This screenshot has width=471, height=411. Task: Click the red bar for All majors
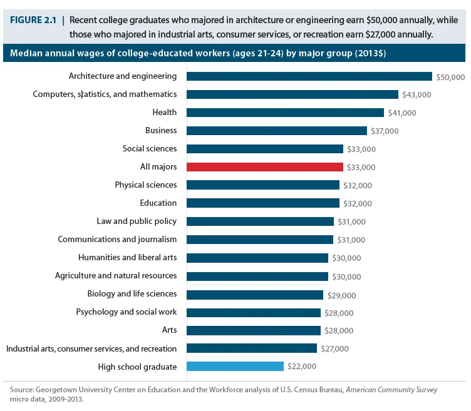click(265, 167)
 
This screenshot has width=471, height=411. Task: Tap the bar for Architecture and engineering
click(309, 76)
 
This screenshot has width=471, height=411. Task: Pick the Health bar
click(285, 113)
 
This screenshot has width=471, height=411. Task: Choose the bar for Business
click(277, 131)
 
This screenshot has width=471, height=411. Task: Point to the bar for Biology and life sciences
click(255, 294)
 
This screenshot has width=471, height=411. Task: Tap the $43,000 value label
click(417, 95)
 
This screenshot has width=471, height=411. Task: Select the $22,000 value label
click(302, 367)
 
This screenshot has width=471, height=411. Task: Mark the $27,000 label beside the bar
click(335, 349)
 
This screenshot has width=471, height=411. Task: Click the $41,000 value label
click(402, 113)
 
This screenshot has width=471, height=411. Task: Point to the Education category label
click(158, 203)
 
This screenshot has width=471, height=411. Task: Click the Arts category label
click(169, 330)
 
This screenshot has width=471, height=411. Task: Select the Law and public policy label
click(137, 221)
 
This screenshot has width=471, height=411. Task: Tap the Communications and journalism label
click(117, 239)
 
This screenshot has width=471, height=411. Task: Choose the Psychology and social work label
click(127, 312)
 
